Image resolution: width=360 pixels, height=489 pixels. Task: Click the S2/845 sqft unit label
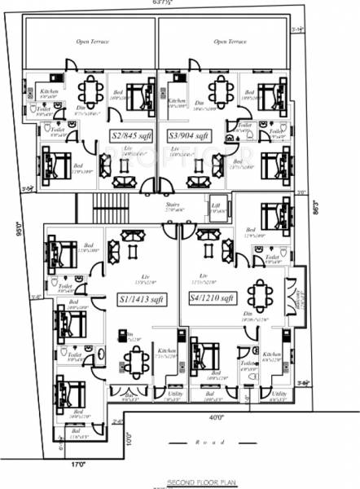[131, 135]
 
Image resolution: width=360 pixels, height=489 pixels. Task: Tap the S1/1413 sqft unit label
[139, 298]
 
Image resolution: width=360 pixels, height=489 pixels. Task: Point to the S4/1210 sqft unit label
[212, 298]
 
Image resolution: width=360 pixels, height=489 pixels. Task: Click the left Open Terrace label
[92, 41]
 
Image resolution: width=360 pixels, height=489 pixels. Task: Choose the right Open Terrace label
[230, 41]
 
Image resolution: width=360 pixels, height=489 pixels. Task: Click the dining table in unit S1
[136, 356]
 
